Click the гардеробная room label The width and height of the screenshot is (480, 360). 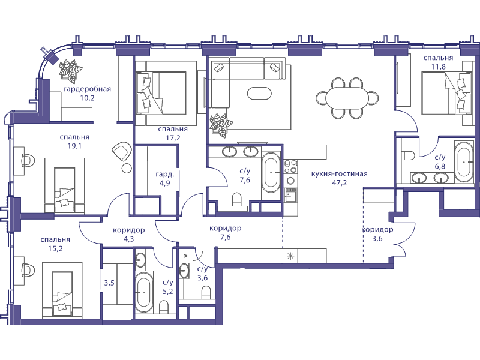[87, 89]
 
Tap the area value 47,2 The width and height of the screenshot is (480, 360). [339, 183]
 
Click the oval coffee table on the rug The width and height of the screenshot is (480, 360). [259, 94]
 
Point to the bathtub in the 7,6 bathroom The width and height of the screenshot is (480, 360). [271, 170]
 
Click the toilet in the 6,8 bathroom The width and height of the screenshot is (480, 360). [407, 155]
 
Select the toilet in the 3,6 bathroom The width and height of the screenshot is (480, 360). [206, 292]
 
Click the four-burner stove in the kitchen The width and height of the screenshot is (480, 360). [290, 167]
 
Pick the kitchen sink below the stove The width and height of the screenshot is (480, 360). [290, 194]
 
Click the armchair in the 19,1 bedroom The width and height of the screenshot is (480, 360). [122, 152]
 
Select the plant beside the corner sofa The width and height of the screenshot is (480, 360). [221, 124]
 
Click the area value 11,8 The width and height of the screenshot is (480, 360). [439, 67]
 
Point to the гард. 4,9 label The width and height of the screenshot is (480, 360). [164, 179]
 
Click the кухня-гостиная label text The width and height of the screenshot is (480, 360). [339, 174]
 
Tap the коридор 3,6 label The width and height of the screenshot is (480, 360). [377, 234]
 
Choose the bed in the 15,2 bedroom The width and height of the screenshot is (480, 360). [62, 289]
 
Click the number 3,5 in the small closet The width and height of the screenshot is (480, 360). [109, 283]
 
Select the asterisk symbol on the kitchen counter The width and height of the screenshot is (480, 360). [290, 256]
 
